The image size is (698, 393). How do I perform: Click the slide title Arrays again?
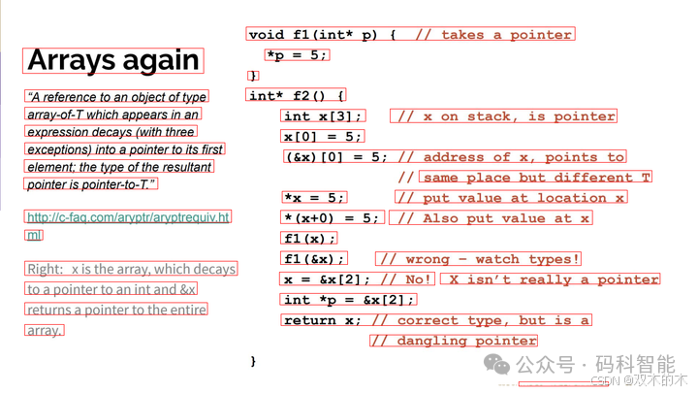[113, 60]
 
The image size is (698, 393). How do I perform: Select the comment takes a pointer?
[493, 35]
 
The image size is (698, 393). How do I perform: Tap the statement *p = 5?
[297, 55]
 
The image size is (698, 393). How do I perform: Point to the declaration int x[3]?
[324, 116]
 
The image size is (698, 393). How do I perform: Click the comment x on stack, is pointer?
[504, 116]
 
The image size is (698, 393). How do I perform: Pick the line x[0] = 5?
[323, 137]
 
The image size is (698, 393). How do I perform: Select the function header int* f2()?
[296, 96]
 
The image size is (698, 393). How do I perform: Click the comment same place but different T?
[536, 178]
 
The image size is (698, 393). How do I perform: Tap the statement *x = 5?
[314, 198]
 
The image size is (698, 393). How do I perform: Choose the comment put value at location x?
[511, 198]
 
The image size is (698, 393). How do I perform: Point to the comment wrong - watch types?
[479, 259]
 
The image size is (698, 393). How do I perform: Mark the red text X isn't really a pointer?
[550, 279]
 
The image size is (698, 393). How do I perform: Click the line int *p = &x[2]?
[350, 300]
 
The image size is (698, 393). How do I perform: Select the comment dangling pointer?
[453, 341]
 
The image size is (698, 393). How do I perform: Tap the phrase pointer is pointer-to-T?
[91, 184]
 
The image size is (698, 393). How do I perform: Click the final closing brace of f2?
[253, 361]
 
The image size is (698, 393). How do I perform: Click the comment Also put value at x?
[491, 218]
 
